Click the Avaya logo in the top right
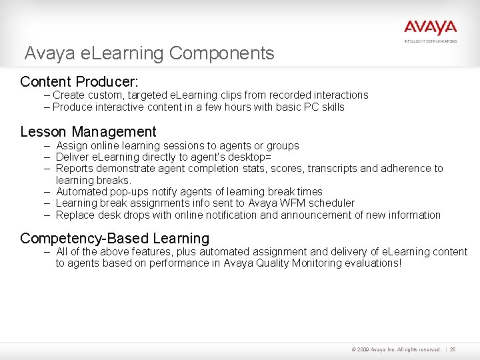(x=430, y=28)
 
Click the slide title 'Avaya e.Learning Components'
(x=149, y=53)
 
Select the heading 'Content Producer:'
(x=79, y=82)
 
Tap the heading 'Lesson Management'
(x=88, y=132)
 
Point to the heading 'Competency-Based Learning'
(x=115, y=238)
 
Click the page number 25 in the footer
(x=453, y=349)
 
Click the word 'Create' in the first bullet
(x=69, y=95)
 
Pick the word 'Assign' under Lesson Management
(x=71, y=145)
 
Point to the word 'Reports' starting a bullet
(x=74, y=169)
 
